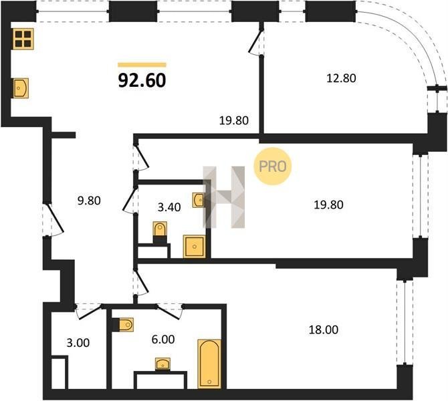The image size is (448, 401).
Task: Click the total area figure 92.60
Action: point(142,81)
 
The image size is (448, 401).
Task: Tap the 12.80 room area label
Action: point(341,78)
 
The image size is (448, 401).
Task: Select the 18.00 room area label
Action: point(324,330)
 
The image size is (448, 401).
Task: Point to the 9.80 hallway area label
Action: point(89,200)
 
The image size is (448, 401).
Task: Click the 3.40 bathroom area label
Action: point(169,207)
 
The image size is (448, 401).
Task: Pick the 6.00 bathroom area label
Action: point(163,340)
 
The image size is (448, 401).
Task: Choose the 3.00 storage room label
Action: point(78,343)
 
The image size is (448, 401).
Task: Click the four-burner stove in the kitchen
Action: point(23,39)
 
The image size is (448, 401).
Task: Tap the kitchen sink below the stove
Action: point(21,88)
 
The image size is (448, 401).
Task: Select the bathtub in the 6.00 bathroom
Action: point(209,364)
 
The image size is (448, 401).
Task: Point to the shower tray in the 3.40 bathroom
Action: point(195,246)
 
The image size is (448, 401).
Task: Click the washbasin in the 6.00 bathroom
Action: point(162,364)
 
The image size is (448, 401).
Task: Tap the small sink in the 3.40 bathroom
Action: point(199,200)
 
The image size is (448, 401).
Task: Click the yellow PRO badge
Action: point(273,166)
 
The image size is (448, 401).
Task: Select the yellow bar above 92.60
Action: point(142,65)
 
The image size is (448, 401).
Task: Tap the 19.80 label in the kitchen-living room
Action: point(234,120)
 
